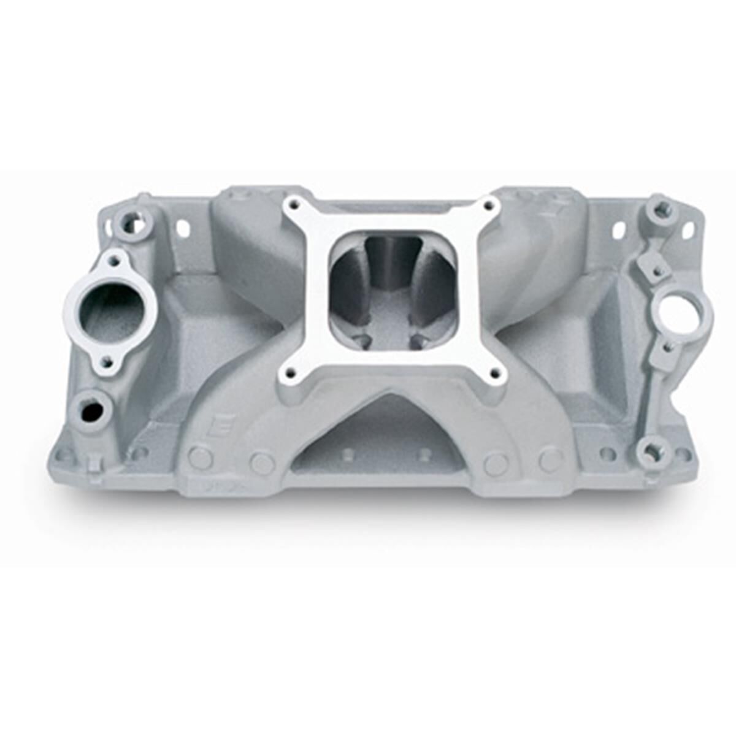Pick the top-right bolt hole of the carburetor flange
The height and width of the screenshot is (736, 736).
point(489,207)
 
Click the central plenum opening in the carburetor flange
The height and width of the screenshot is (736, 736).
point(393,288)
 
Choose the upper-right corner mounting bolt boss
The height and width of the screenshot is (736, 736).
point(660,212)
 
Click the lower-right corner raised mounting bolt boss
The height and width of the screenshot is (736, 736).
point(649,451)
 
